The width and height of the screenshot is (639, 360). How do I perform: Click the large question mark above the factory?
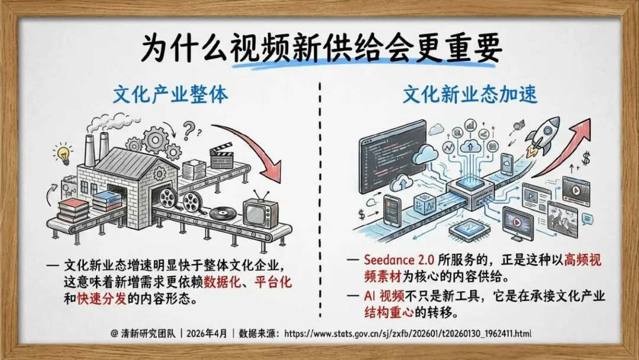coord(189,128)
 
